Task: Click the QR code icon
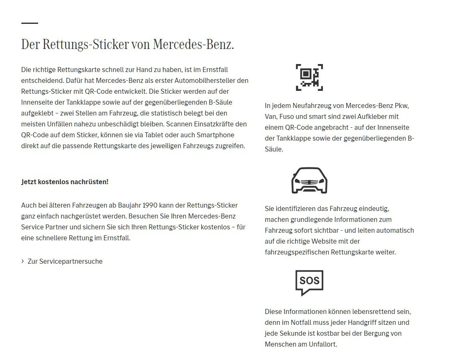pyautogui.click(x=309, y=77)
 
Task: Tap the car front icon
pyautogui.click(x=309, y=180)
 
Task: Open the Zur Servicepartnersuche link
pyautogui.click(x=65, y=261)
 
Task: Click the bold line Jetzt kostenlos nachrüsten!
pyautogui.click(x=65, y=182)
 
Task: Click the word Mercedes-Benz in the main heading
pyautogui.click(x=193, y=44)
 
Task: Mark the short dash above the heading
pyautogui.click(x=29, y=23)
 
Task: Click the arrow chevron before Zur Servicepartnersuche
pyautogui.click(x=23, y=261)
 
